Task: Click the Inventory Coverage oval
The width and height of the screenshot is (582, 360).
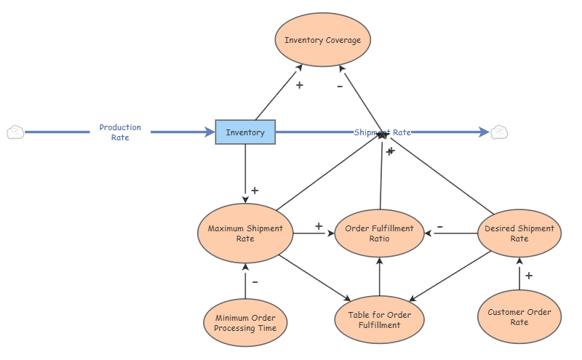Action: tap(322, 40)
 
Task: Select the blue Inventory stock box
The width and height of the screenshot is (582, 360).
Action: tap(245, 132)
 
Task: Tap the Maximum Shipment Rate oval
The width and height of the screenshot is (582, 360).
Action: tap(245, 233)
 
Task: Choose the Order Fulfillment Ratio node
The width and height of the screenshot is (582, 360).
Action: tap(379, 233)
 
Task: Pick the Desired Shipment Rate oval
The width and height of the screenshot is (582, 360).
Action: tap(519, 233)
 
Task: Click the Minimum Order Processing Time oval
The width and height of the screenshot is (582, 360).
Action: tap(245, 323)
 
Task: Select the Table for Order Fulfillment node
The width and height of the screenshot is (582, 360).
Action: tap(379, 320)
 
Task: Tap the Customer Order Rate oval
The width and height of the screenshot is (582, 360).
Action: tap(519, 317)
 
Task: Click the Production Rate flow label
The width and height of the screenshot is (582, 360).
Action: tap(120, 132)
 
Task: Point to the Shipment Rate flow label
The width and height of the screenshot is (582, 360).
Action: tap(383, 132)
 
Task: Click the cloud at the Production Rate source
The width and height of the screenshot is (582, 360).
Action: tap(15, 132)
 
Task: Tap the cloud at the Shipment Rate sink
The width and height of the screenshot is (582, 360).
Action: tap(499, 132)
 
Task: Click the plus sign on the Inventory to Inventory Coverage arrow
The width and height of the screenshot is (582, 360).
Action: tap(300, 85)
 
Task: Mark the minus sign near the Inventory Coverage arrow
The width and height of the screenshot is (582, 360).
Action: tap(340, 87)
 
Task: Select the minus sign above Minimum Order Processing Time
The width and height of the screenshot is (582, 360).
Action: tap(255, 282)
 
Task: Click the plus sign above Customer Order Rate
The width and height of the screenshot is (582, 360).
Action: tap(529, 276)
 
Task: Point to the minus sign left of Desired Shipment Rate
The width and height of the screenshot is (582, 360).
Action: tap(440, 226)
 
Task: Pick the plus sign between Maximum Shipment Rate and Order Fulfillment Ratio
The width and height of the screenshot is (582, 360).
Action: tap(319, 226)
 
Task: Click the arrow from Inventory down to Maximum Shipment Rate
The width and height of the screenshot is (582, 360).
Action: tap(245, 174)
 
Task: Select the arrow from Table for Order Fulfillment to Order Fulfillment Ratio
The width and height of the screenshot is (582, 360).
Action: tap(379, 277)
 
